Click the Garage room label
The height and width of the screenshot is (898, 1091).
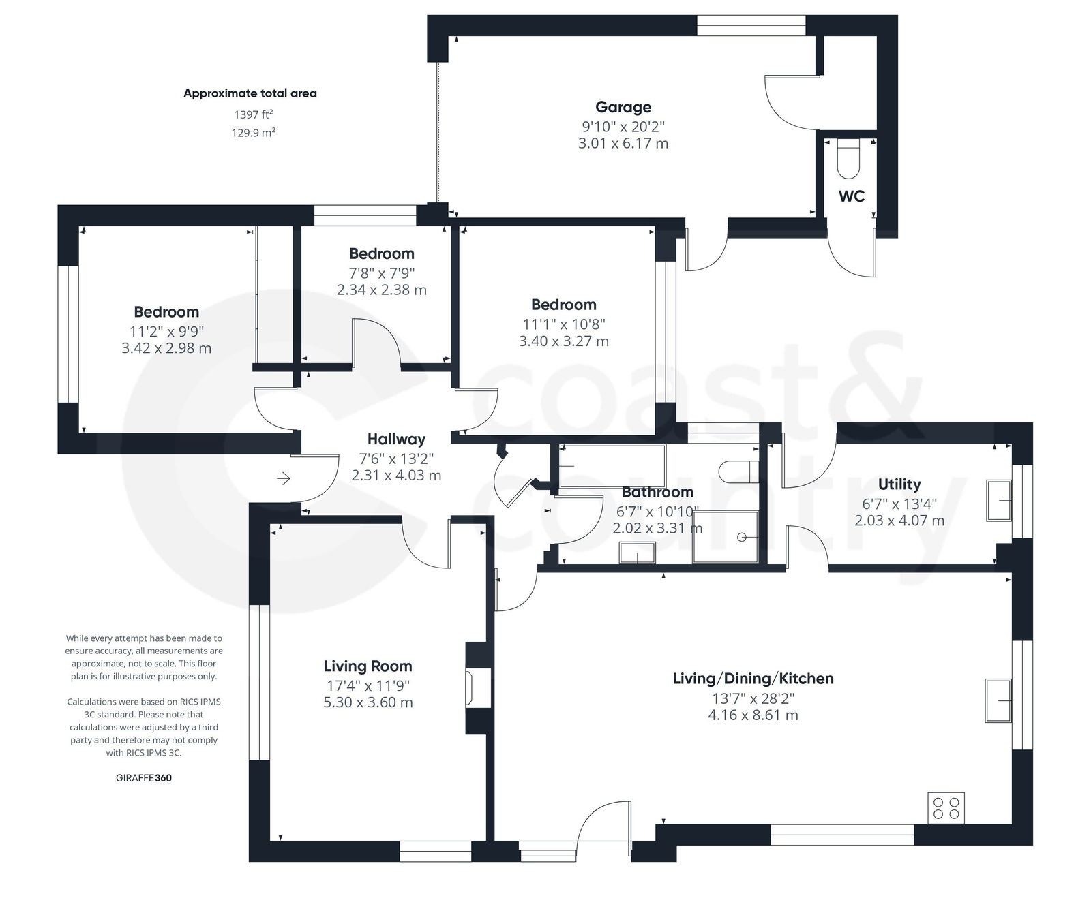pos(623,107)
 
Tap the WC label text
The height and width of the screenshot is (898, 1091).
pos(851,196)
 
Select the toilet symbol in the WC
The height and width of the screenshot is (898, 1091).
pos(849,155)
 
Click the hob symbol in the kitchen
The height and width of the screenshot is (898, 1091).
pos(946,808)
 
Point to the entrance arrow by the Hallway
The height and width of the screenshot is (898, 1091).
pos(284,479)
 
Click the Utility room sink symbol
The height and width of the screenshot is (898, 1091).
pos(999,500)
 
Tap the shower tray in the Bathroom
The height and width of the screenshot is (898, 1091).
pos(725,537)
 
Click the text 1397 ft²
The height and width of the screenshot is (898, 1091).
pos(253,114)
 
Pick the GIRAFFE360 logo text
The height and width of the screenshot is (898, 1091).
pos(144,777)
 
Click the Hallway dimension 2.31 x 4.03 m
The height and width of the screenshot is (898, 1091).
pos(396,476)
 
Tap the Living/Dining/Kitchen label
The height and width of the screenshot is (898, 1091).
pos(753,679)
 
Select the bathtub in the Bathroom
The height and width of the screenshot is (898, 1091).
pos(612,466)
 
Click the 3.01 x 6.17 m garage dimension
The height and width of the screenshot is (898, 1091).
pos(623,144)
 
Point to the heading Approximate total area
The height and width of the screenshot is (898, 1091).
pos(250,93)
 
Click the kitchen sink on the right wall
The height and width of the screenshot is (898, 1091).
pos(998,700)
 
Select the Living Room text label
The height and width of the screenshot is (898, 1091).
pos(368,666)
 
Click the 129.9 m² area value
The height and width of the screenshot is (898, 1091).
pos(253,133)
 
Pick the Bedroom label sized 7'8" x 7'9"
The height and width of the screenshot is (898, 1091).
pos(381,253)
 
